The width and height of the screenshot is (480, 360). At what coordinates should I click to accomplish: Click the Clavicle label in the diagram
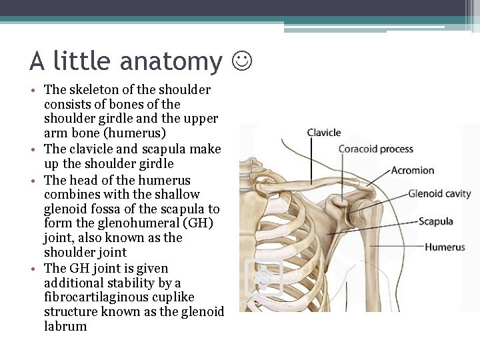324,133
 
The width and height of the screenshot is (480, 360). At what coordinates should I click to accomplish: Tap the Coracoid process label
375,149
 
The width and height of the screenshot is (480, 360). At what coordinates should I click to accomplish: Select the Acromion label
413,170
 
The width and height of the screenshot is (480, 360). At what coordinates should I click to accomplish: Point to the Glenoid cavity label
439,194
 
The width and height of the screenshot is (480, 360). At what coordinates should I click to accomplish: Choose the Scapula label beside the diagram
436,221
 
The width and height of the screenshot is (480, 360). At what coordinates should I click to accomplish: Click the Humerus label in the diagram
445,247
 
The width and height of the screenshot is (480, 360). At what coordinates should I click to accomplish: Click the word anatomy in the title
172,61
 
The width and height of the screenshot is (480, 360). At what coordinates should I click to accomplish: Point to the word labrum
65,327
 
